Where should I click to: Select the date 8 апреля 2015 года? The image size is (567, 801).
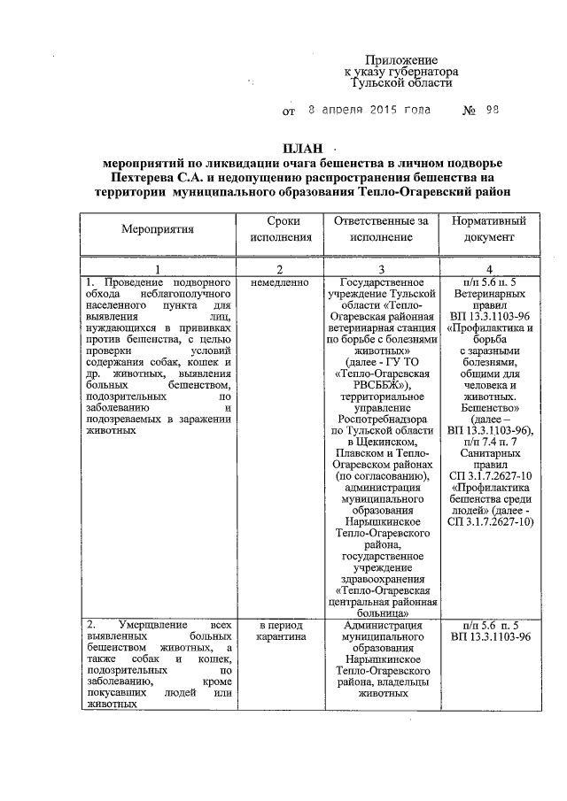point(369,112)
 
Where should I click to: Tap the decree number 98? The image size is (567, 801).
point(493,112)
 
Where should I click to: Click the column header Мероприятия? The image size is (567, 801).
point(158,228)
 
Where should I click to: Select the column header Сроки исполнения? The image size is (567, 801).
point(281,228)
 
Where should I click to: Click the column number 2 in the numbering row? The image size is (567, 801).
point(281,269)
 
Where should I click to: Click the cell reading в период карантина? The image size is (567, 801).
point(281,630)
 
